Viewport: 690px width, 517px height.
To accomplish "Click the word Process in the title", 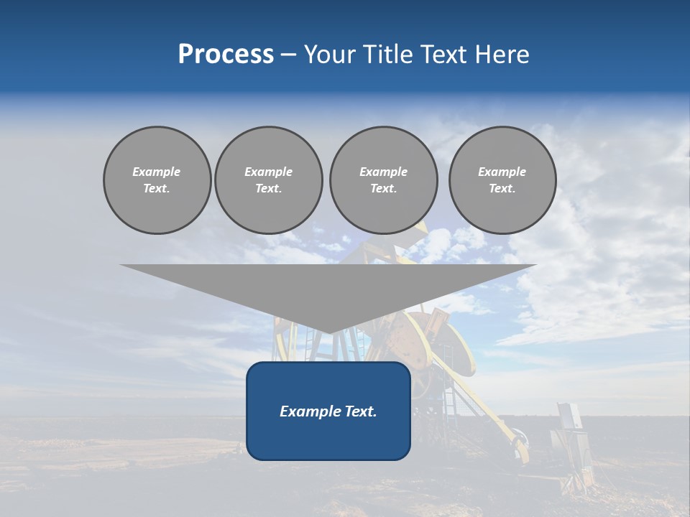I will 226,55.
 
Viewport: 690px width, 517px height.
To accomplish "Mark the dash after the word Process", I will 288,56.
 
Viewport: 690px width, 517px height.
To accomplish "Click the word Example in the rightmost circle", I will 502,172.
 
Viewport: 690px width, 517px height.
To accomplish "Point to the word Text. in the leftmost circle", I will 157,189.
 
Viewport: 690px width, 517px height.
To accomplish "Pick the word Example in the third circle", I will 383,172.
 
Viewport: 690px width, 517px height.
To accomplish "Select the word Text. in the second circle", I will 268,189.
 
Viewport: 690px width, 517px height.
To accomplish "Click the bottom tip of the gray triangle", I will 328,332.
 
